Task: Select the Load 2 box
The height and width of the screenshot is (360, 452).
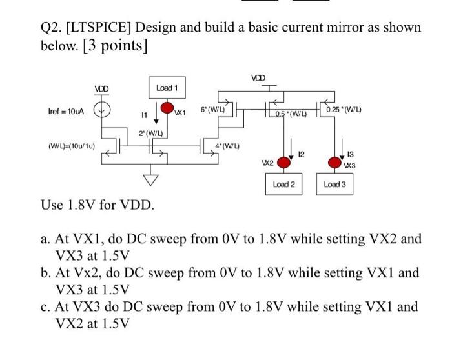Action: click(x=283, y=185)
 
